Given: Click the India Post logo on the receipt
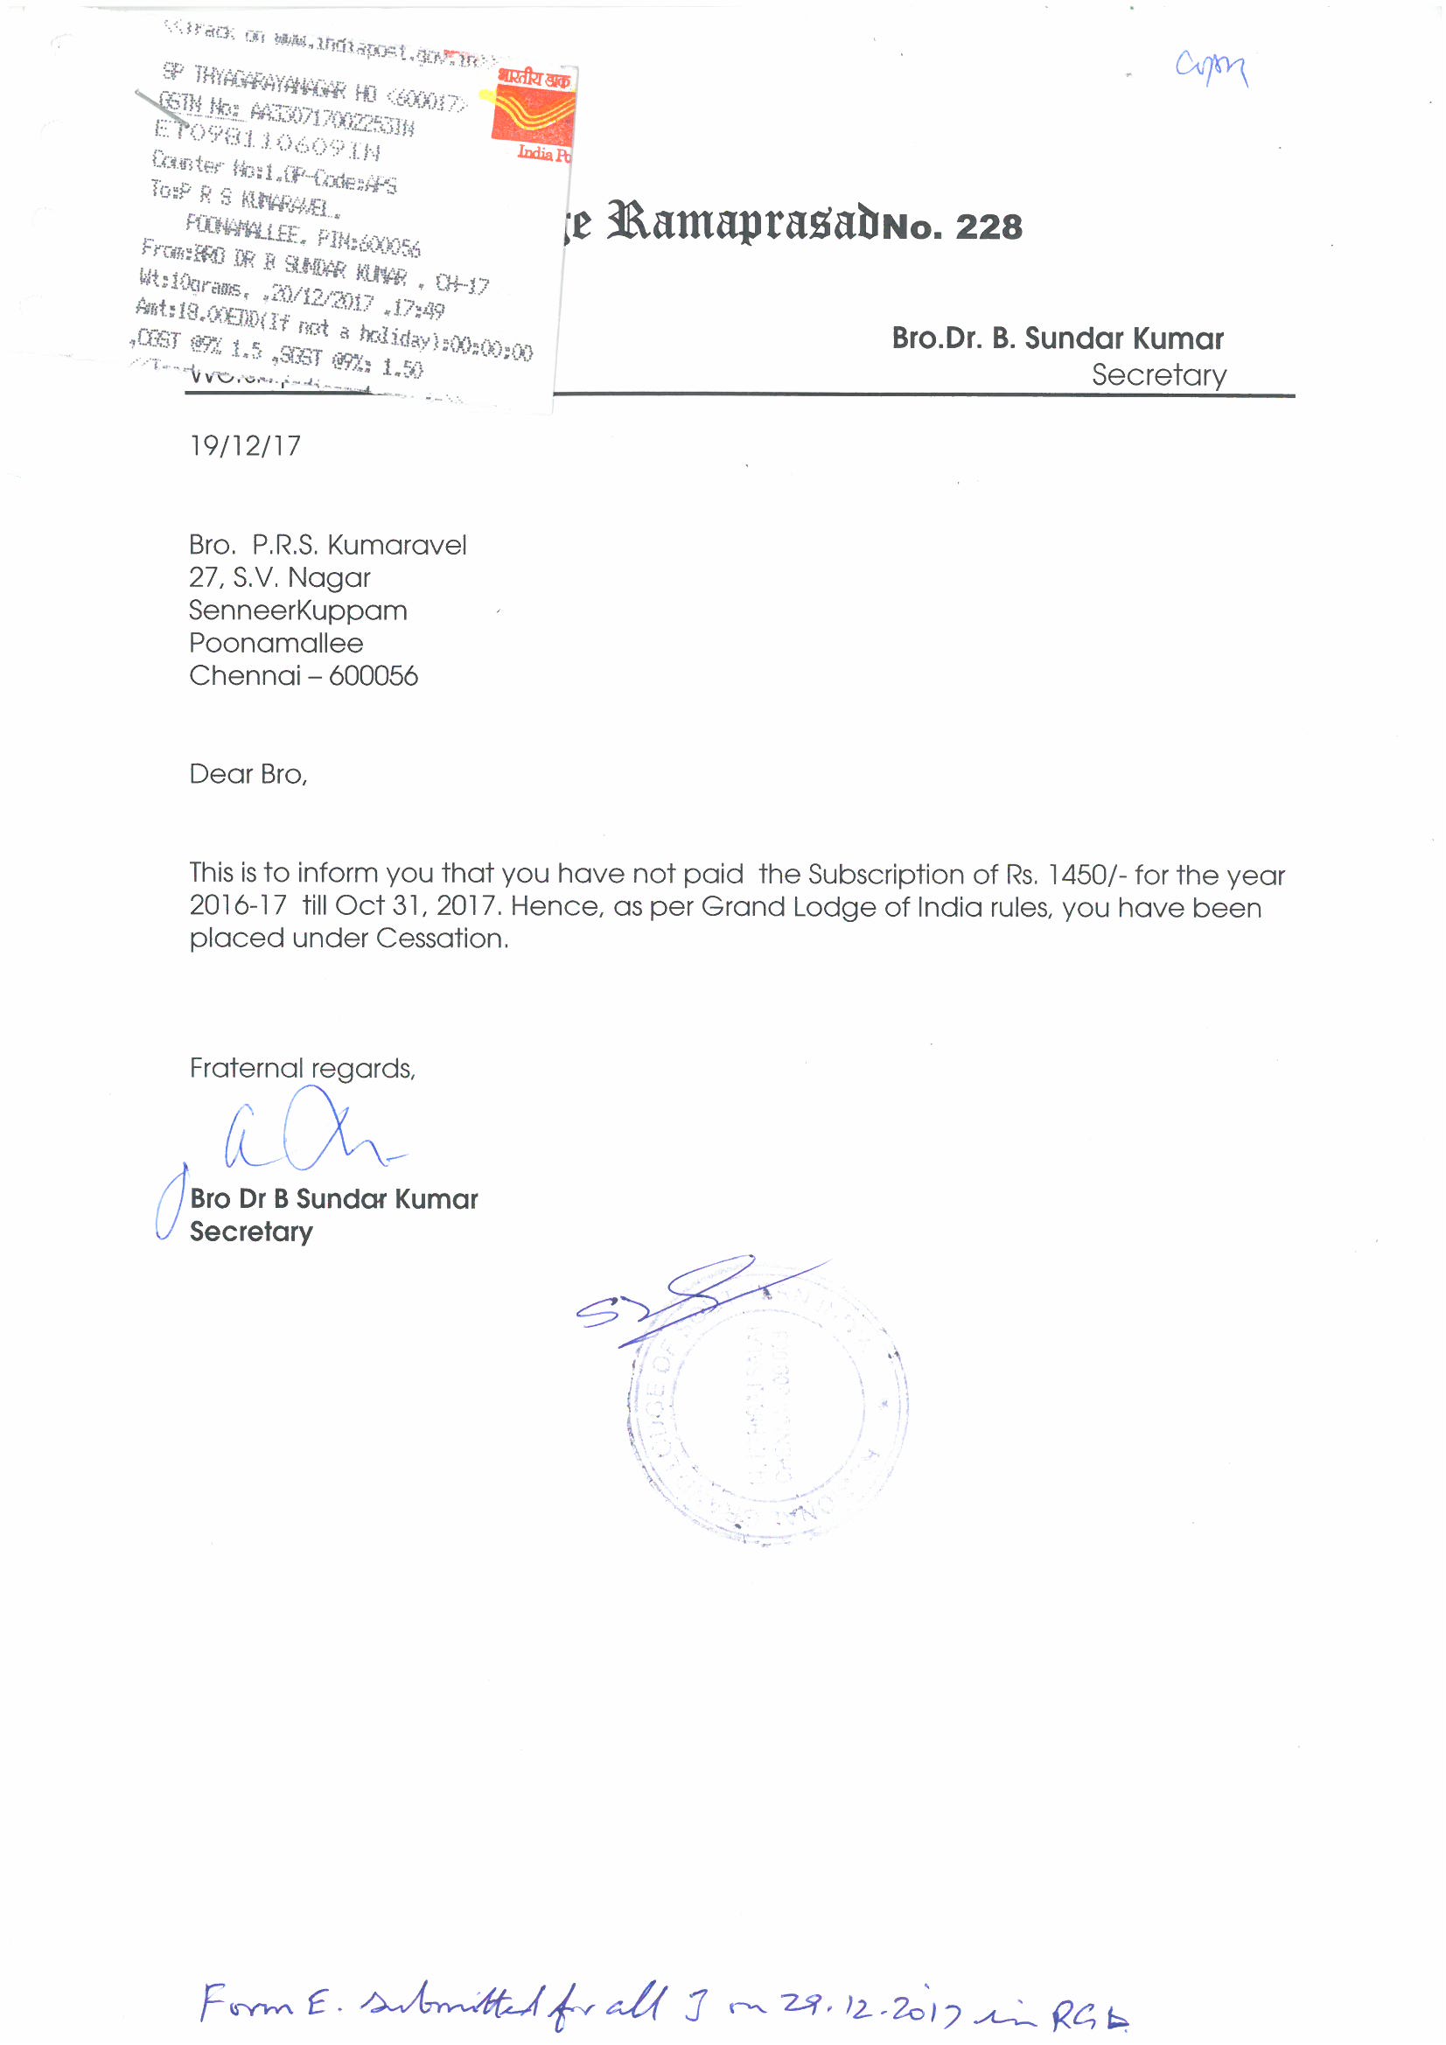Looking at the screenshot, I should pyautogui.click(x=533, y=114).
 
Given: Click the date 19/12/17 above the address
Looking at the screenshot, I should pyautogui.click(x=245, y=445).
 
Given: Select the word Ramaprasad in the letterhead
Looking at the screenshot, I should pyautogui.click(x=744, y=223).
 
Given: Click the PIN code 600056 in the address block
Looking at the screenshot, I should pyautogui.click(x=374, y=676).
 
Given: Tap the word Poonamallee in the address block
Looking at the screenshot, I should pyautogui.click(x=276, y=643).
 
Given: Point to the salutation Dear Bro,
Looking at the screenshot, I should pyautogui.click(x=248, y=774).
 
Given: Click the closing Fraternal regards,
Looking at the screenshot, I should pyautogui.click(x=303, y=1068).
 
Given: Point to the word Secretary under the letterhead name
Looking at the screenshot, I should pyautogui.click(x=1158, y=375).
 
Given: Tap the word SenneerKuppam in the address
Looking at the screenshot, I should pyautogui.click(x=297, y=611).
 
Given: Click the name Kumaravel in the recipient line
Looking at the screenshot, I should pyautogui.click(x=396, y=545).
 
